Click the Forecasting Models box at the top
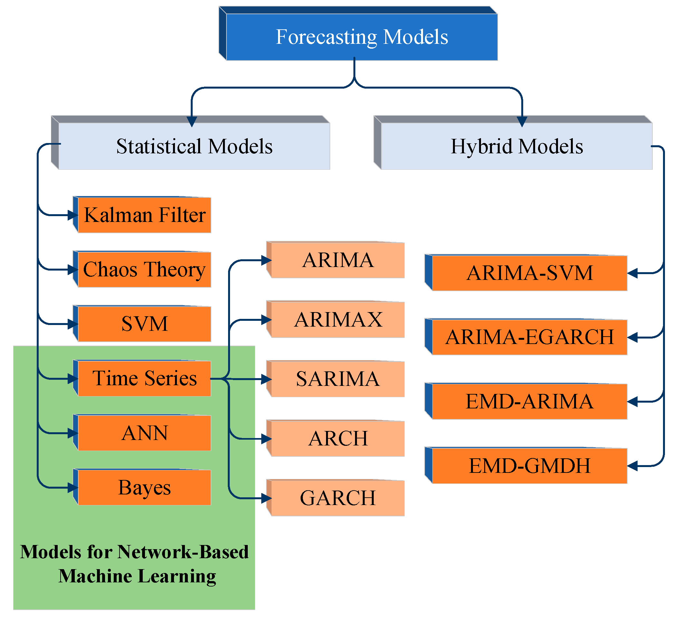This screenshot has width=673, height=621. pos(361,37)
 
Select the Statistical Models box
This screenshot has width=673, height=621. pos(194,146)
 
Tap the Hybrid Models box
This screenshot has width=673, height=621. pos(516,146)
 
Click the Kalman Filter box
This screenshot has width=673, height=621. pos(144,215)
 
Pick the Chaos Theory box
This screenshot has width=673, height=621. pos(144,270)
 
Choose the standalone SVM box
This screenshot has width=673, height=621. pos(144,324)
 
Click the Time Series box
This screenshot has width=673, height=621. pos(144,378)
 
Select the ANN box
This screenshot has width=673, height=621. pos(144,433)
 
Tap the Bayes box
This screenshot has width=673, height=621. pos(144,488)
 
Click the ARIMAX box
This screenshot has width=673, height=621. pos(338,320)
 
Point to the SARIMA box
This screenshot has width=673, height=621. pos(338,379)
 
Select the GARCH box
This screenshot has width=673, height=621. pos(338,498)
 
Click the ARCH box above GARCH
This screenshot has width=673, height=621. pos(338,438)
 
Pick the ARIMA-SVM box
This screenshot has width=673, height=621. pos(529,273)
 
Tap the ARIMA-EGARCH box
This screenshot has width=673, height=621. pos(529,337)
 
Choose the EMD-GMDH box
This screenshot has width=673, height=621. pos(529,466)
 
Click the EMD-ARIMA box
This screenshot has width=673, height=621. pos(529,402)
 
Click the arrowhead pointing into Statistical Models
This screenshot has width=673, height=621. pos(192,122)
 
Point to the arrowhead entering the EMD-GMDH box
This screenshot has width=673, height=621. pos(632,466)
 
